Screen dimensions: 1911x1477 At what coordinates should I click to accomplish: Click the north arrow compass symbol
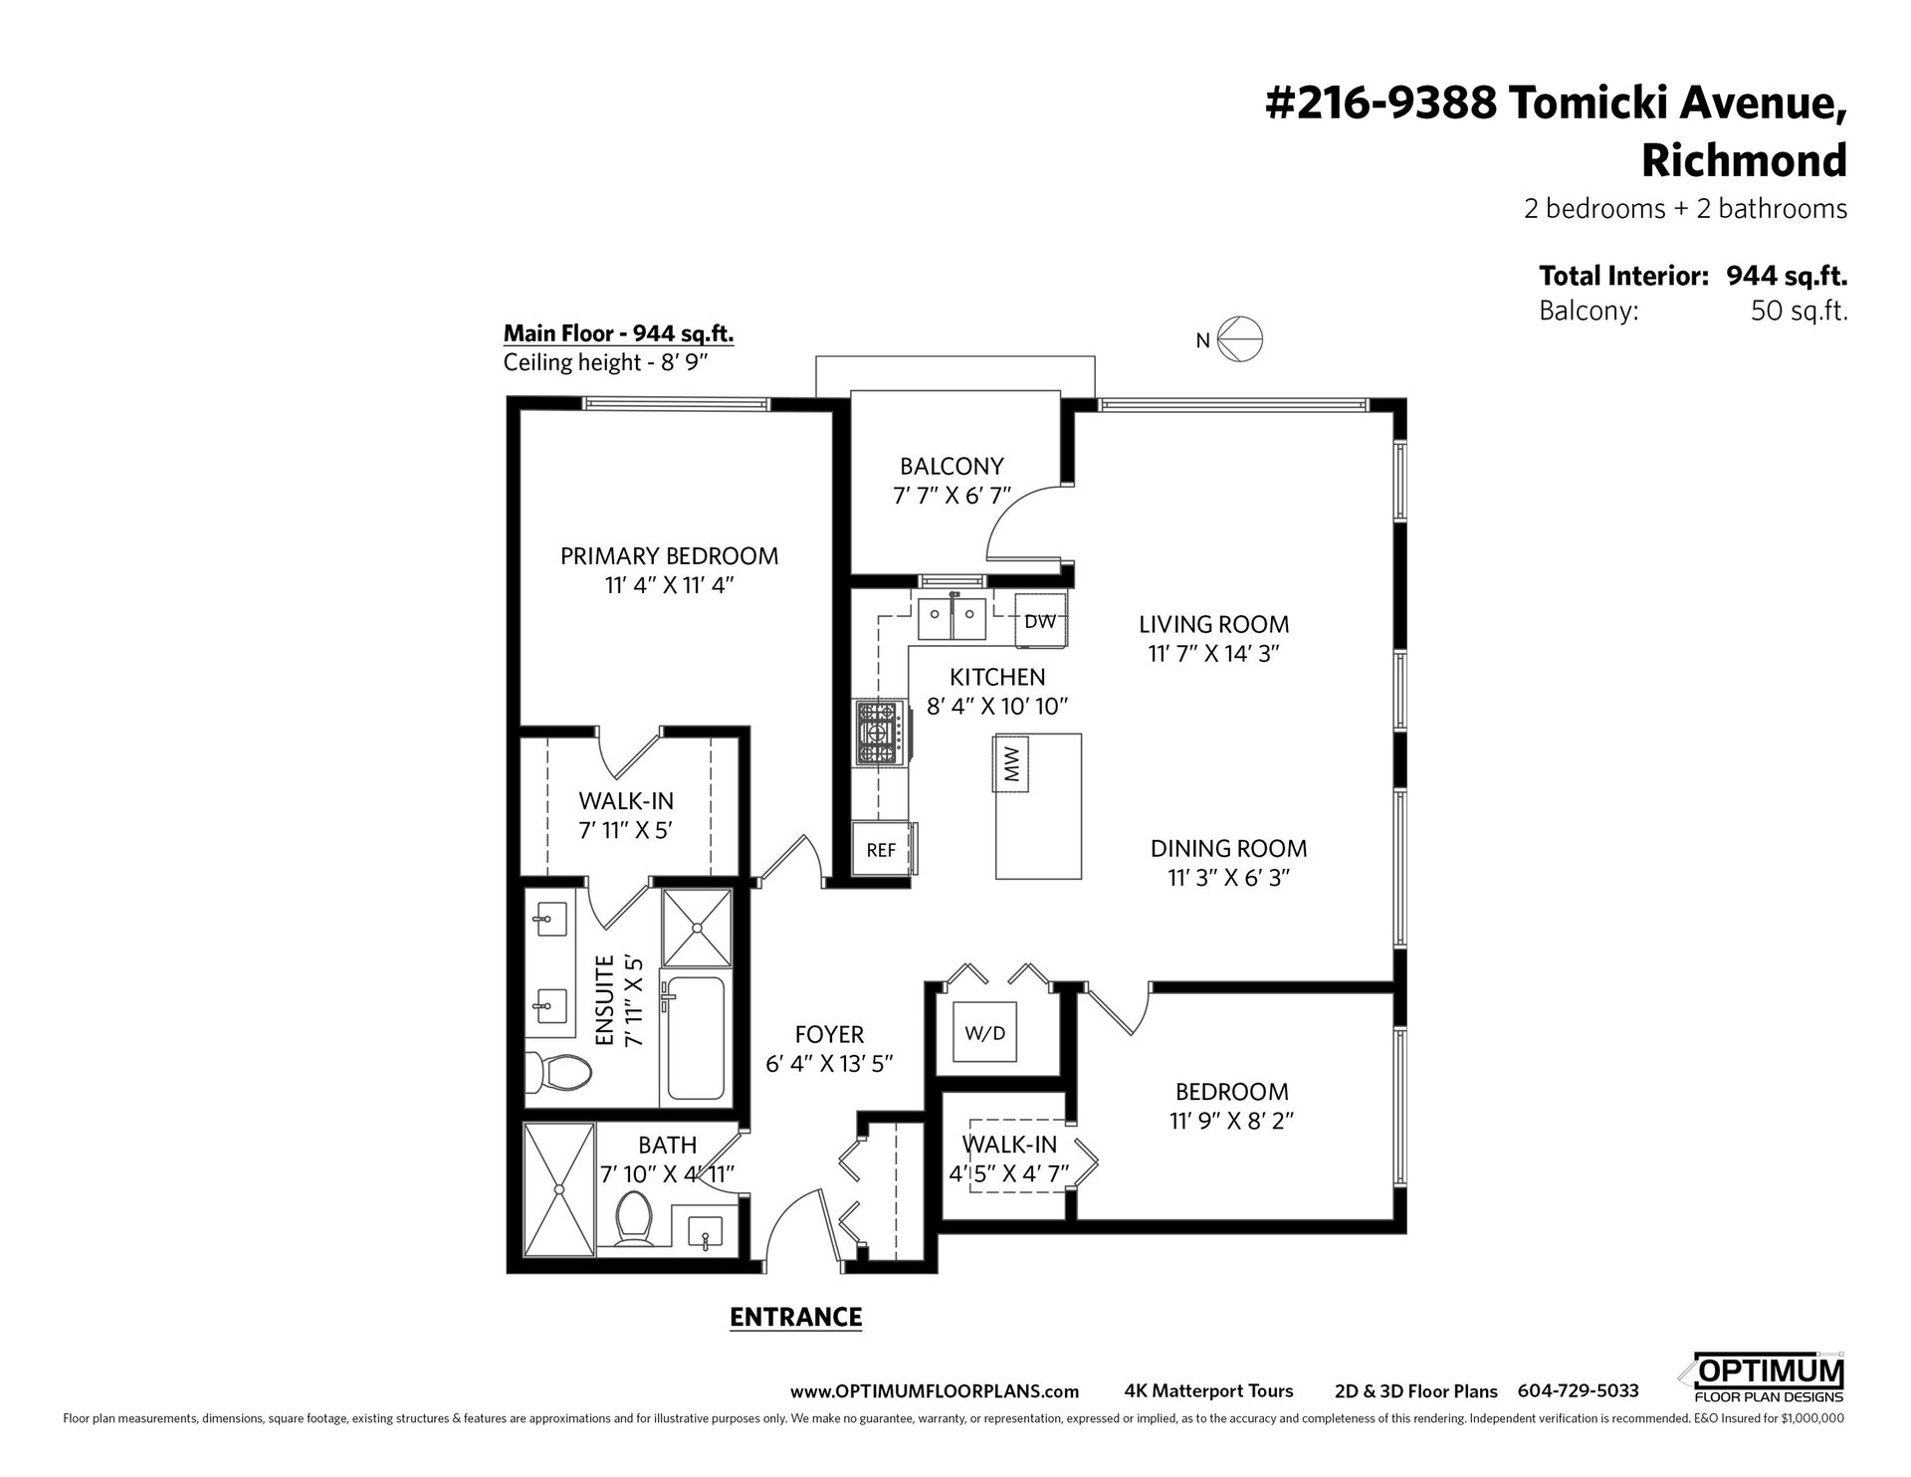click(1240, 339)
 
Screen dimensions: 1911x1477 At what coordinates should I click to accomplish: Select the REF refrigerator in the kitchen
click(882, 849)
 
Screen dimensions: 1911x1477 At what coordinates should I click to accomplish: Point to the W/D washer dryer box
click(984, 1033)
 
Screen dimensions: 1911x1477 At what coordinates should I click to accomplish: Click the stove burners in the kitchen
click(878, 735)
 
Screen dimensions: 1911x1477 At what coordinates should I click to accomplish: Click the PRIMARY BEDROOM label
click(669, 555)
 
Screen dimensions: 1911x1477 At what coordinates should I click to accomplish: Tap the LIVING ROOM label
click(1213, 624)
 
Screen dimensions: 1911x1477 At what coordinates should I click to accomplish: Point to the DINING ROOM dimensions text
click(1228, 878)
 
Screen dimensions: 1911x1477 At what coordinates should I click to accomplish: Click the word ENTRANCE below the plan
click(795, 1317)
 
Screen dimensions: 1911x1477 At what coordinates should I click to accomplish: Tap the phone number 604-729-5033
click(1578, 1391)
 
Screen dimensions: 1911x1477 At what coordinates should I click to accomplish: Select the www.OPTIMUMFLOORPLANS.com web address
click(934, 1391)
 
